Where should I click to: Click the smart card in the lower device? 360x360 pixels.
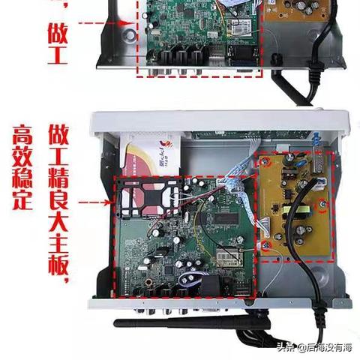tap(149, 154)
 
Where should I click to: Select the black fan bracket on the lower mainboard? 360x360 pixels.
tap(142, 203)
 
